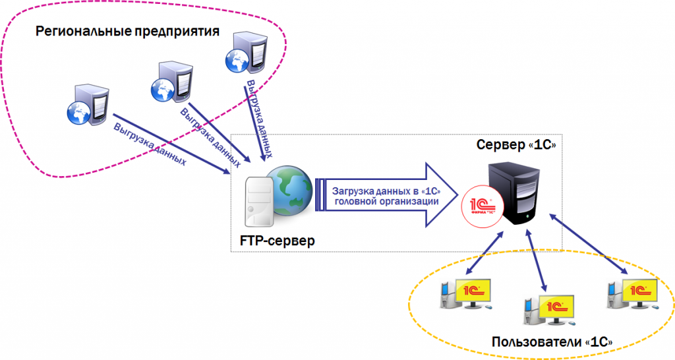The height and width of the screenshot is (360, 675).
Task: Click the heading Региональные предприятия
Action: (127, 31)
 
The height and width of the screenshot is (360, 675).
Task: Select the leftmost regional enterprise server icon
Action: (86, 105)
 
